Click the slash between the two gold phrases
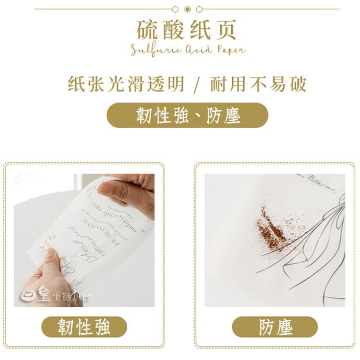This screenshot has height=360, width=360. pos(196,85)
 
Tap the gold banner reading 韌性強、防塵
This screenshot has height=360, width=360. pos(187,115)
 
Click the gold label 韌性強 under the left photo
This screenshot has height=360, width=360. pos(84,328)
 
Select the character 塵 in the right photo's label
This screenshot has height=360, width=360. pos(284,328)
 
